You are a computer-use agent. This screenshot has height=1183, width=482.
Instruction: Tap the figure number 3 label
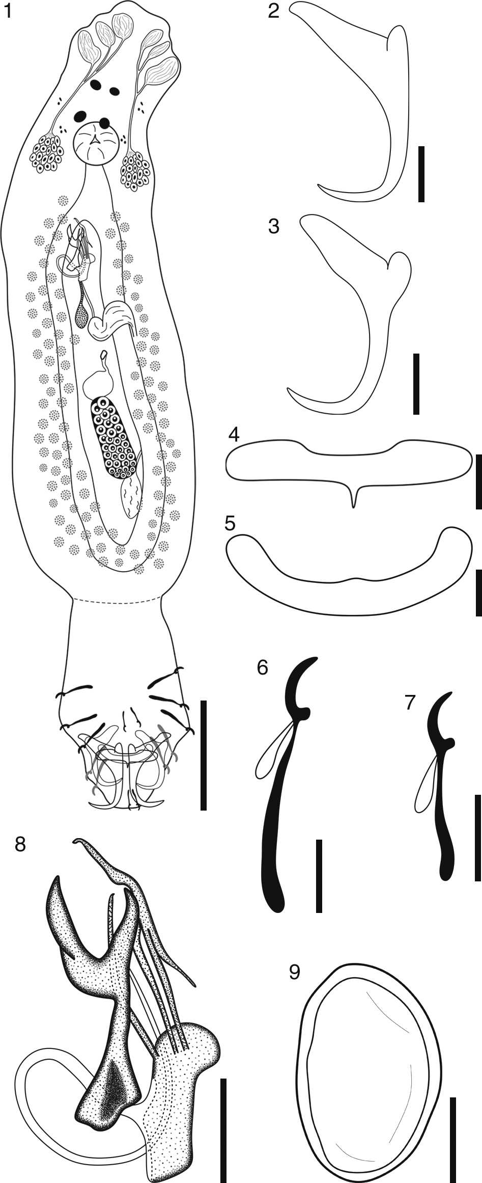(274, 226)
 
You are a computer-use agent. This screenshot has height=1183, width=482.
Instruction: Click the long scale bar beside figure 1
(203, 755)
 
